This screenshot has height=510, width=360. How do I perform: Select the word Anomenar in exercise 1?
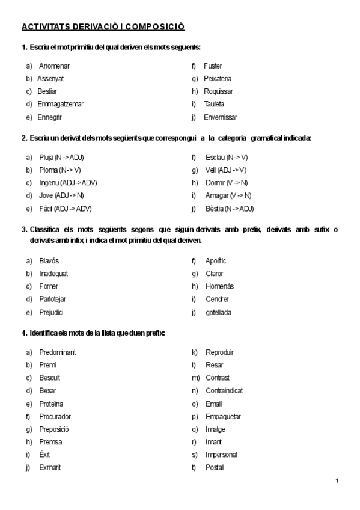[x=54, y=66]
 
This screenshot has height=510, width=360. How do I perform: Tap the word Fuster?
[x=213, y=66]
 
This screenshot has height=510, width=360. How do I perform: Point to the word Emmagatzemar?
[x=60, y=104]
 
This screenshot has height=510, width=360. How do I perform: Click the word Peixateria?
[x=218, y=79]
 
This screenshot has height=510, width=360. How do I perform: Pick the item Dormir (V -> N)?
[x=226, y=183]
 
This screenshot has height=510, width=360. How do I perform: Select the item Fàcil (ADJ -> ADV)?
[x=65, y=209]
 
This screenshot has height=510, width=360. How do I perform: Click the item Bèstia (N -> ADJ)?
[x=229, y=209]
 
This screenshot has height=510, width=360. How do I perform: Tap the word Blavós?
[x=49, y=261]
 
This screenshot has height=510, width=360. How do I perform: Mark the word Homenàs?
[x=219, y=286]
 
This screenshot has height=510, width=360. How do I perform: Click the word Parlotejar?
[x=52, y=300]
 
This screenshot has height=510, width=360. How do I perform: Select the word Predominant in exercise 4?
[x=57, y=352]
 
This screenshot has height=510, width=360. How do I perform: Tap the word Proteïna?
[x=51, y=404]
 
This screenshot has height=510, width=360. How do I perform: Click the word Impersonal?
[x=221, y=455]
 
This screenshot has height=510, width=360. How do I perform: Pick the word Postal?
[x=214, y=467]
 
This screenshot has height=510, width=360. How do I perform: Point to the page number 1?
[x=337, y=481]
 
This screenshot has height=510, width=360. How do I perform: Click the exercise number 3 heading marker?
[x=23, y=230]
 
